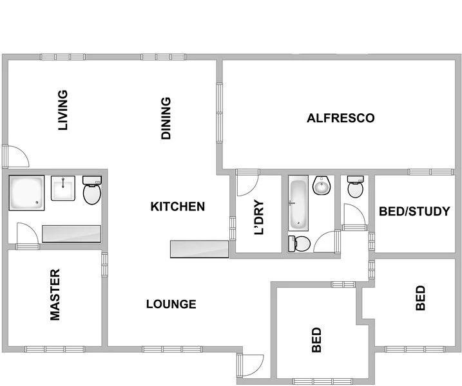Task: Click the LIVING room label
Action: click(x=63, y=110)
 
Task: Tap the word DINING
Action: click(x=166, y=118)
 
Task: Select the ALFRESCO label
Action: click(x=341, y=118)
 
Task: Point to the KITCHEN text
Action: click(x=178, y=207)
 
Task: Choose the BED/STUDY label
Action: click(x=414, y=211)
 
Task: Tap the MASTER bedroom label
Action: click(x=55, y=295)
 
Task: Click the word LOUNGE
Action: click(x=171, y=304)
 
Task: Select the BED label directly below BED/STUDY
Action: click(x=421, y=299)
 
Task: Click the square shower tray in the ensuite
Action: click(x=26, y=193)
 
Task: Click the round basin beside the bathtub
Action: click(x=321, y=187)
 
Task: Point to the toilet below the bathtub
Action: click(x=300, y=243)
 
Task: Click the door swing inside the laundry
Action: click(x=247, y=184)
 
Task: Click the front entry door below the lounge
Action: click(x=250, y=366)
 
